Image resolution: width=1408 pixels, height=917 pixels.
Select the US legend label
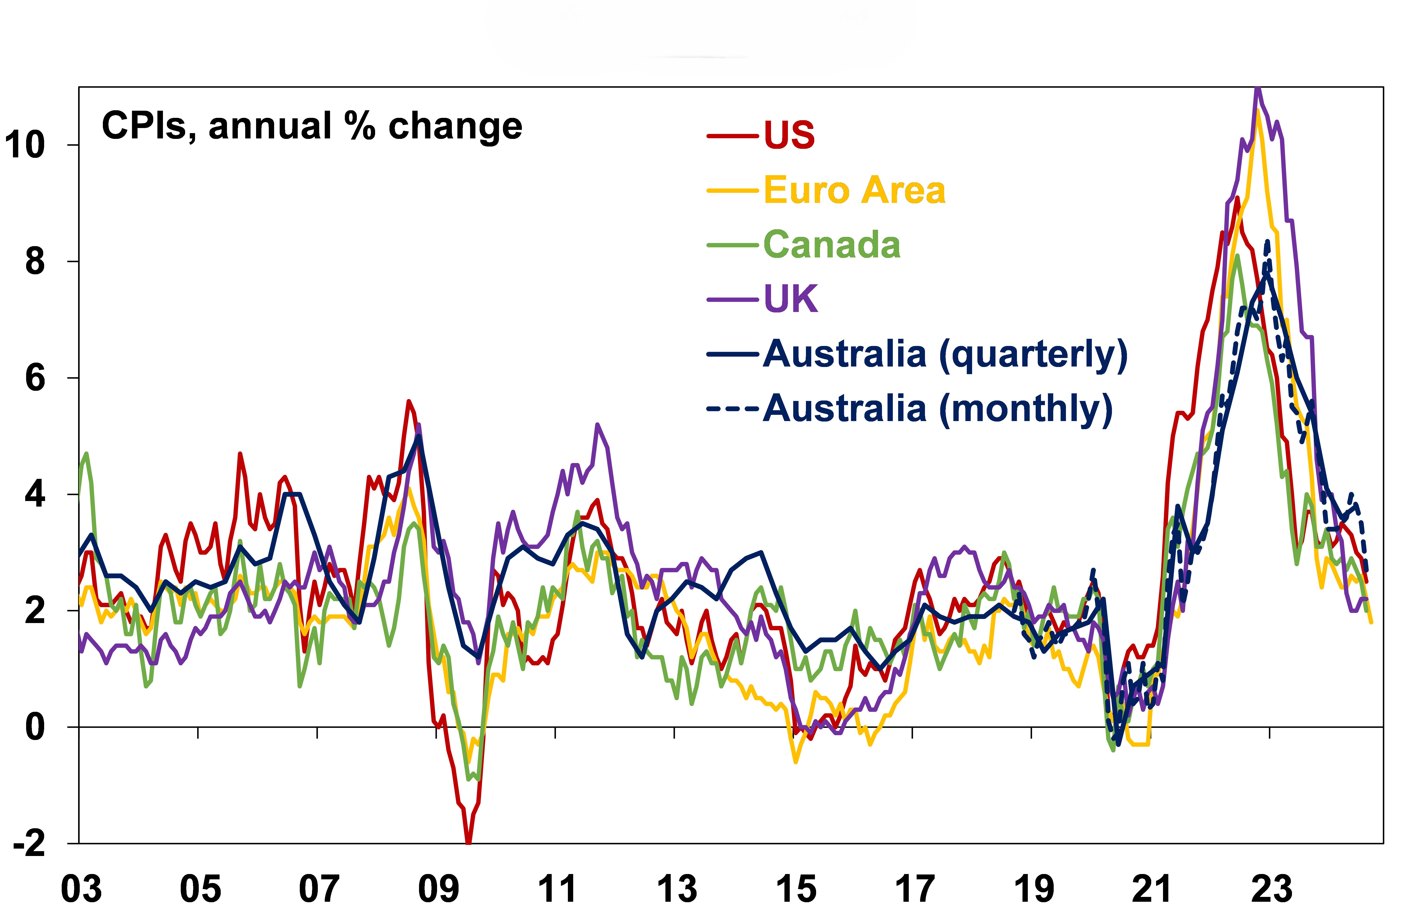click(x=789, y=135)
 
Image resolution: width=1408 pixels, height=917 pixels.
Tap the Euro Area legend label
click(x=854, y=190)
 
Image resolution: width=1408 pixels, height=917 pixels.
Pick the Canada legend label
click(x=832, y=245)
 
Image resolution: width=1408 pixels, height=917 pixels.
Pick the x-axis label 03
click(x=82, y=889)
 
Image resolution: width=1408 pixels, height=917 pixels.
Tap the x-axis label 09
click(x=438, y=889)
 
